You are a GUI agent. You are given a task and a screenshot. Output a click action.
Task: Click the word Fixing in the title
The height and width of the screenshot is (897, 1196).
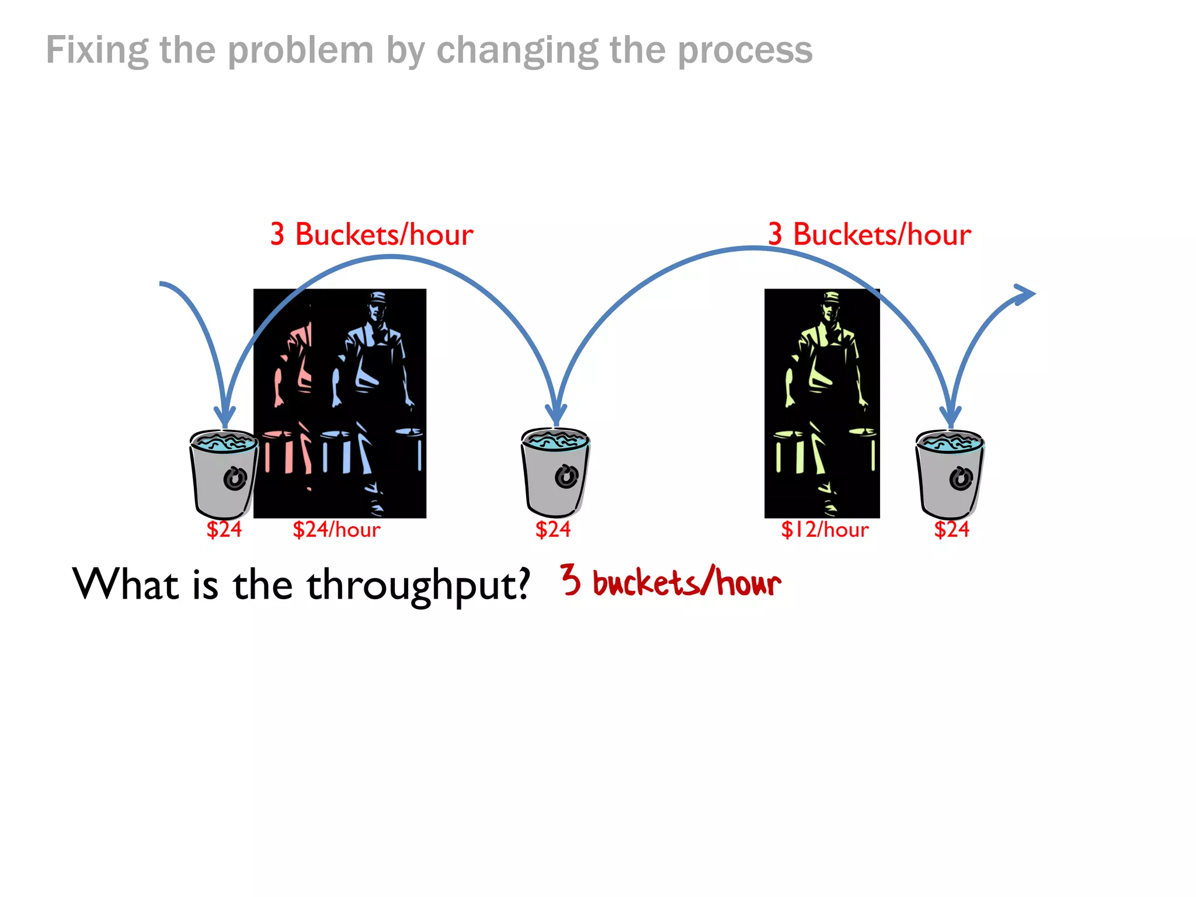click(97, 51)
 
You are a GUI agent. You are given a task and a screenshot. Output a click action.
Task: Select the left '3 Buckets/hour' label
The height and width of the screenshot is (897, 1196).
click(371, 235)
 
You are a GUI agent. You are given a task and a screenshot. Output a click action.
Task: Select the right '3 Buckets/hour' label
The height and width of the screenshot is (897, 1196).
click(869, 235)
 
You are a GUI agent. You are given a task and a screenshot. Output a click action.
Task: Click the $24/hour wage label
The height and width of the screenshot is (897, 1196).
click(336, 530)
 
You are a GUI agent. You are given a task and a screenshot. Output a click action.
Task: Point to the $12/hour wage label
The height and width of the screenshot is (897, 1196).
click(825, 530)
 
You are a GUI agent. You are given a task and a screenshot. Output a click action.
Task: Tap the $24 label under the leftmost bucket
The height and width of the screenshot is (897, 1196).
click(224, 530)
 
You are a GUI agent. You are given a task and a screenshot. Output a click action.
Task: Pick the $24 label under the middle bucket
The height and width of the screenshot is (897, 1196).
click(552, 530)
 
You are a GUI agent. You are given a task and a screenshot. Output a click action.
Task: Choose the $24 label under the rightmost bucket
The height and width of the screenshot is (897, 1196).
click(951, 530)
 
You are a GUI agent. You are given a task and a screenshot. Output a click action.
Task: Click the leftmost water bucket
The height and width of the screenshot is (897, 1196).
click(223, 474)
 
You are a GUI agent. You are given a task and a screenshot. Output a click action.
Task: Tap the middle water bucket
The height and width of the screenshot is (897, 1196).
click(555, 472)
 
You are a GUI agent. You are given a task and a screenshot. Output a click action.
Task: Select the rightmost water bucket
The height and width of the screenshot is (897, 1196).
click(950, 474)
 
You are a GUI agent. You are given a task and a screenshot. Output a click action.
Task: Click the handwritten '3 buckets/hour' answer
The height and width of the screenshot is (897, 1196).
click(670, 582)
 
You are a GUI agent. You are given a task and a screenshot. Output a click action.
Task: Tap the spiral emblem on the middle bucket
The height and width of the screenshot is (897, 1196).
click(566, 476)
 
